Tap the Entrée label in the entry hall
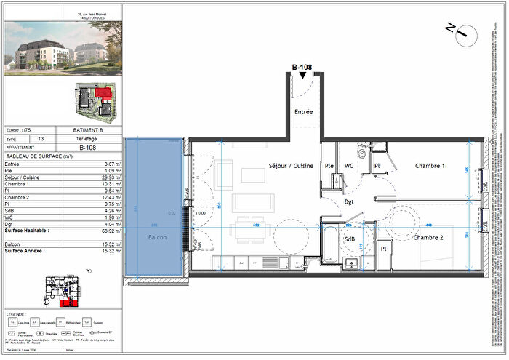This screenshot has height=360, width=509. coord(302,112)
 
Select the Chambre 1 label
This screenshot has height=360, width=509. coord(430,166)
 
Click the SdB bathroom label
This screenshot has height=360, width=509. coord(350,239)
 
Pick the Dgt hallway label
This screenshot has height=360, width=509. coord(349,203)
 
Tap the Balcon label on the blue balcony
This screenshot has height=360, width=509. coord(156,238)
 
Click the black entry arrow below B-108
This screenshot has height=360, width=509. coord(302,76)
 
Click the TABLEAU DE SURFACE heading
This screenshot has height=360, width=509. coord(40,156)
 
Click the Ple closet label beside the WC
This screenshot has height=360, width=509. coord(329,166)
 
